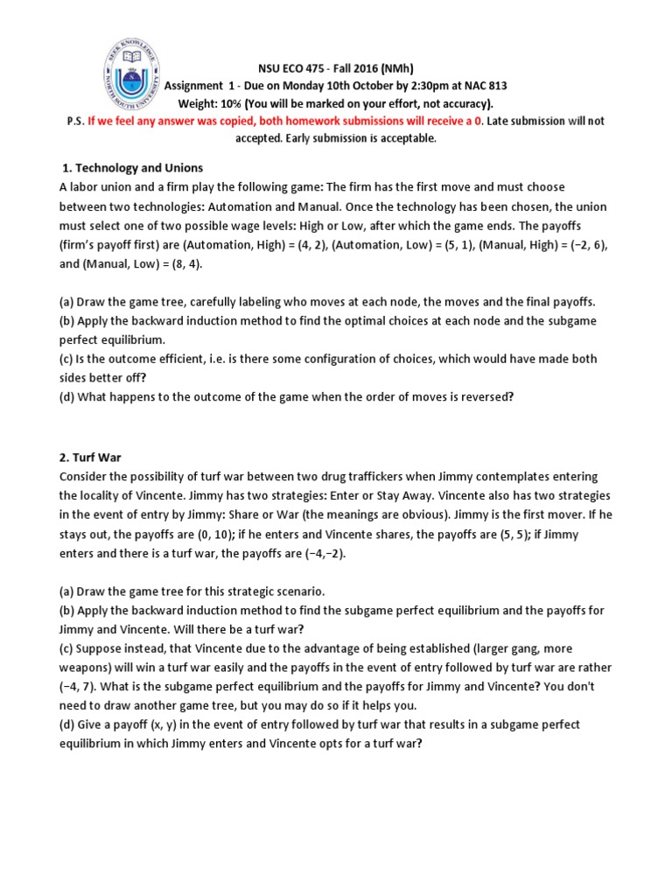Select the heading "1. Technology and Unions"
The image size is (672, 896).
click(x=132, y=168)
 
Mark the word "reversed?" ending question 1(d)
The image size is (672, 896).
click(x=481, y=396)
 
